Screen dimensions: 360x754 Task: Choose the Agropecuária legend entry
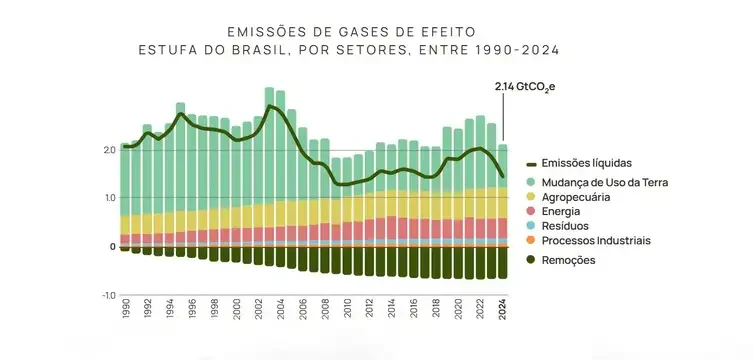pyautogui.click(x=577, y=197)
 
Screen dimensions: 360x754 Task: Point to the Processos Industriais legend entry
pyautogui.click(x=596, y=241)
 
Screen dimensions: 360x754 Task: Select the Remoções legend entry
pyautogui.click(x=568, y=260)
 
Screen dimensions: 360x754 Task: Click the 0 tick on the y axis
pyautogui.click(x=113, y=246)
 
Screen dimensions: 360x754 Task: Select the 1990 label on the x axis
pyautogui.click(x=126, y=307)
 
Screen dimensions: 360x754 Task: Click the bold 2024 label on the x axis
pyautogui.click(x=503, y=307)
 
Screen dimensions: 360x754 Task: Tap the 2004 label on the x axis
pyautogui.click(x=281, y=307)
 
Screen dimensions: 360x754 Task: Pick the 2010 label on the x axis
pyautogui.click(x=347, y=307)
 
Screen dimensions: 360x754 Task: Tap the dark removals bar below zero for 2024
pyautogui.click(x=503, y=262)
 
